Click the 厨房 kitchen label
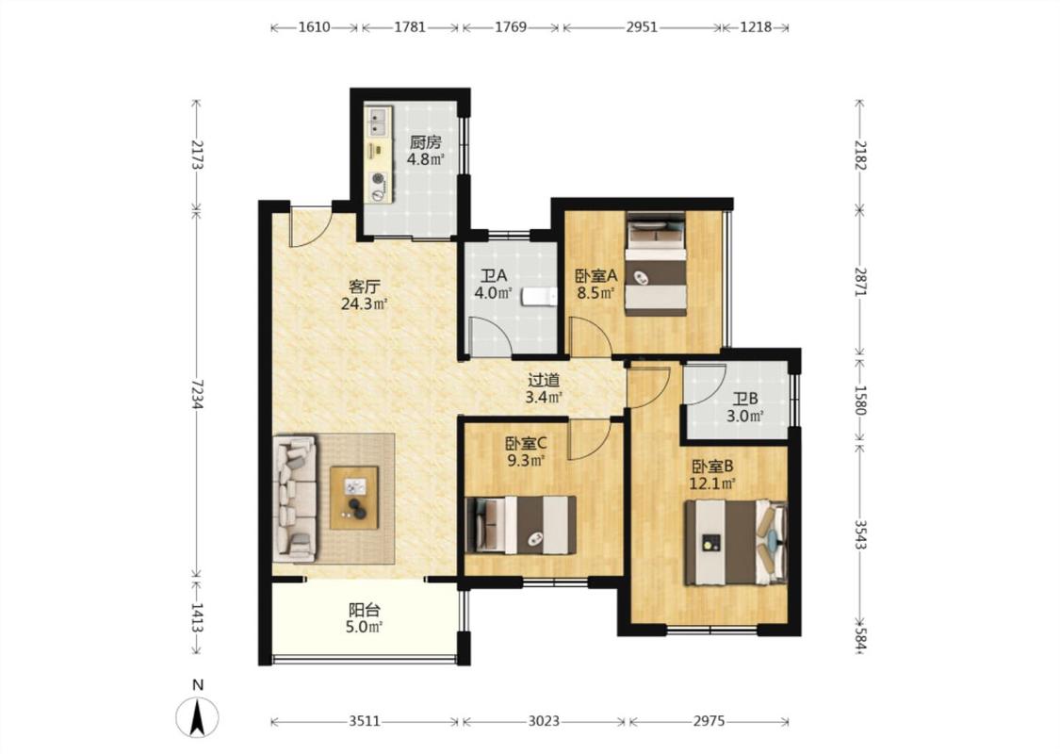click(425, 142)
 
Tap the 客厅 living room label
click(364, 286)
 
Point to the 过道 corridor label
click(544, 380)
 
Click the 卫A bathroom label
click(494, 276)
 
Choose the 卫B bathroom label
click(745, 399)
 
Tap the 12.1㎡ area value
click(712, 484)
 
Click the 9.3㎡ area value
click(526, 461)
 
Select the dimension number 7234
click(197, 394)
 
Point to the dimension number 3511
click(365, 722)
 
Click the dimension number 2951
click(642, 27)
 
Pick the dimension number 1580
click(860, 401)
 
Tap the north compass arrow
click(197, 718)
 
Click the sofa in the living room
click(295, 499)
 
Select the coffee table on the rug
click(354, 498)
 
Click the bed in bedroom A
click(655, 264)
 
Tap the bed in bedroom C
click(520, 525)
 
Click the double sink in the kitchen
click(377, 122)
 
